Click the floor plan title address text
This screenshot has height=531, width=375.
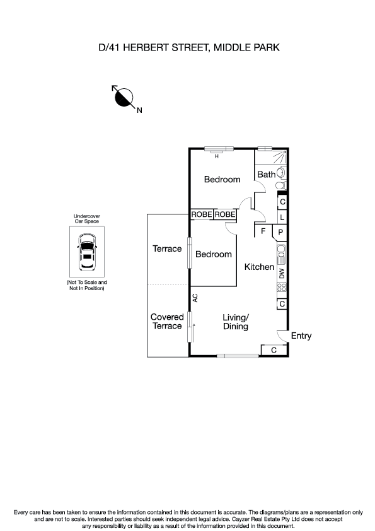pyautogui.click(x=187, y=47)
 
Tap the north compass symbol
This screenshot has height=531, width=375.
pyautogui.click(x=124, y=97)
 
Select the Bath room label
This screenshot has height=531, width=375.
pyautogui.click(x=267, y=174)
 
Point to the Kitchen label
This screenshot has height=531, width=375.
pyautogui.click(x=259, y=267)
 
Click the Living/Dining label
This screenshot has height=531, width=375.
pyautogui.click(x=236, y=322)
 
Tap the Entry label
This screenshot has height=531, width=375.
pyautogui.click(x=301, y=336)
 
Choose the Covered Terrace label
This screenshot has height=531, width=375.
pyautogui.click(x=167, y=322)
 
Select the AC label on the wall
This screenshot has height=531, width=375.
pyautogui.click(x=195, y=298)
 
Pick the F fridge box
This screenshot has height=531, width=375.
pyautogui.click(x=263, y=231)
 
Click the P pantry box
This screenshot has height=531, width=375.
pyautogui.click(x=280, y=233)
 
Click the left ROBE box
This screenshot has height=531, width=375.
pyautogui.click(x=202, y=215)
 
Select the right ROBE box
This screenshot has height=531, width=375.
pyautogui.click(x=225, y=215)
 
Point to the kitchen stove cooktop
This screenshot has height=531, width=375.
pyautogui.click(x=282, y=287)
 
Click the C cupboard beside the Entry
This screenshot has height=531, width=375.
pyautogui.click(x=274, y=350)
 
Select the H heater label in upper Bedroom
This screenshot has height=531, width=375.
pyautogui.click(x=217, y=155)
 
